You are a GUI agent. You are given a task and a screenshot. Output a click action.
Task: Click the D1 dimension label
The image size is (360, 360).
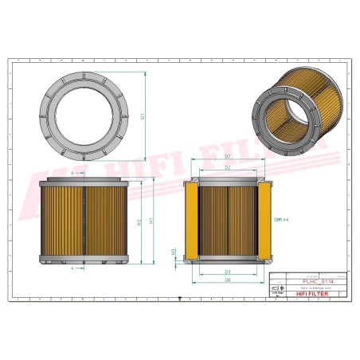[x=143, y=116]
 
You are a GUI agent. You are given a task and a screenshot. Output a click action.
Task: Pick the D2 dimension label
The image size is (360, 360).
[x=228, y=168]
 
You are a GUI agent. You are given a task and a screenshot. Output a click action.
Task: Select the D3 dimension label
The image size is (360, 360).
[x=228, y=272]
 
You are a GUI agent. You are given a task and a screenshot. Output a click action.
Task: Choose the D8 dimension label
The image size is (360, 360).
[x=228, y=280]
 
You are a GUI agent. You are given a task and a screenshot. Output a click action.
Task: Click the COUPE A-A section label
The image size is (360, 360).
[x=280, y=218]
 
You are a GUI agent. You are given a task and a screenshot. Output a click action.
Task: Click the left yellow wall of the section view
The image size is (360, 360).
[x=191, y=221]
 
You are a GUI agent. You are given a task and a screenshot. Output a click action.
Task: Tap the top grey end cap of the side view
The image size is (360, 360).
[x=84, y=182]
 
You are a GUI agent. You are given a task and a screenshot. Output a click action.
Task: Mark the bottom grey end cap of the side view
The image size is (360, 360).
[x=84, y=259]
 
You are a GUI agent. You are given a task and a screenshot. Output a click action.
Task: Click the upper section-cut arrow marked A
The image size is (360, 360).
[x=72, y=172]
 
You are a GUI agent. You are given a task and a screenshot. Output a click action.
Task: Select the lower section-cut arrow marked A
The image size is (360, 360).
[x=72, y=268]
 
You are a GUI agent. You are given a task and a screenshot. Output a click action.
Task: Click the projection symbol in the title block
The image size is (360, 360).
[x=276, y=292]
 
